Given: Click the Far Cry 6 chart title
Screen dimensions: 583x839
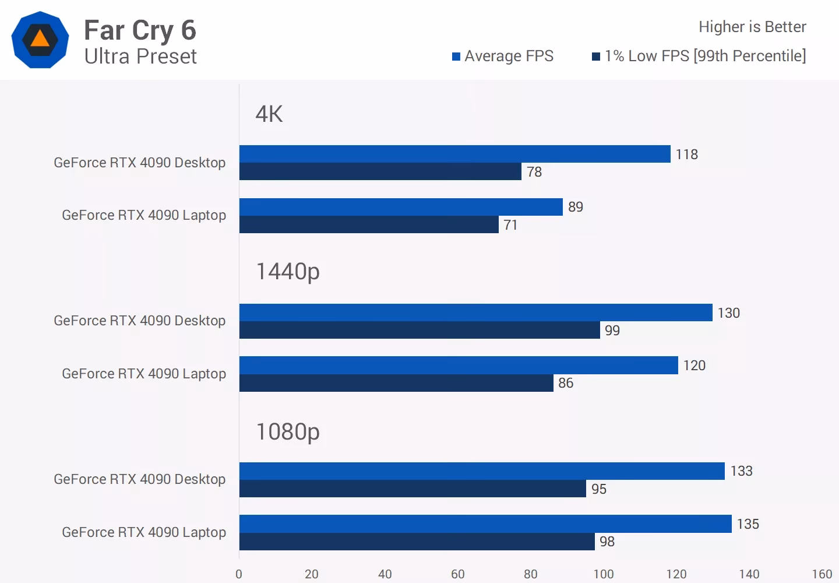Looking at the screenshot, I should pos(140,30).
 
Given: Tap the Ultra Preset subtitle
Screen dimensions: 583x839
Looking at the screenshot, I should pos(140,57).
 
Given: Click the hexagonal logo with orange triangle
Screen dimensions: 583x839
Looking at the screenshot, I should pos(40,40).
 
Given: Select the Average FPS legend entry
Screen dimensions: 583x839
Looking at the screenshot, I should pos(502,56).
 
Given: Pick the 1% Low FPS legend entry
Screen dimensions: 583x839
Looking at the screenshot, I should pos(699,56).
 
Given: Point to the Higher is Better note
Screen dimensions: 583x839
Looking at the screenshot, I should pos(752,27).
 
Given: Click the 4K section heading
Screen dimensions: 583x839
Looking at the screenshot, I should pos(269,114).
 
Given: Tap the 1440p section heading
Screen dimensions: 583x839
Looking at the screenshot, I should pos(287,272).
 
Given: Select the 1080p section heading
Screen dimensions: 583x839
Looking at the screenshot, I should pos(287,432).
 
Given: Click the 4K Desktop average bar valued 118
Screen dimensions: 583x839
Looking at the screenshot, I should pos(454,154).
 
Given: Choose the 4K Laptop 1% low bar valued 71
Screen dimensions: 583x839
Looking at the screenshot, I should pos(368,224).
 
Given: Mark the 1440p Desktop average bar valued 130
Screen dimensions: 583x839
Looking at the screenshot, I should pos(475,312).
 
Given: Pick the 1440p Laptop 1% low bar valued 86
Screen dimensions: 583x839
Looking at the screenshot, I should pos(396,383).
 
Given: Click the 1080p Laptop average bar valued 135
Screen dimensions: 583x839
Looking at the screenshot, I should pos(485,524).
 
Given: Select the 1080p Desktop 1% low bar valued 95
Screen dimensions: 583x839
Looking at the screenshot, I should pos(412,489).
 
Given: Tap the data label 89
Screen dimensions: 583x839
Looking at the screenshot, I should pos(575,207).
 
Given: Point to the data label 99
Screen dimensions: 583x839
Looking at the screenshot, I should pos(612,331).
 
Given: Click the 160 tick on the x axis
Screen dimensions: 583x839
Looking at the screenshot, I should pos(822,574).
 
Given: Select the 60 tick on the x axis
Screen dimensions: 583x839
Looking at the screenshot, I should pos(457,574).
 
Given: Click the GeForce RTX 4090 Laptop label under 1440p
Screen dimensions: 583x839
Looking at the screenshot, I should pos(144,374).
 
